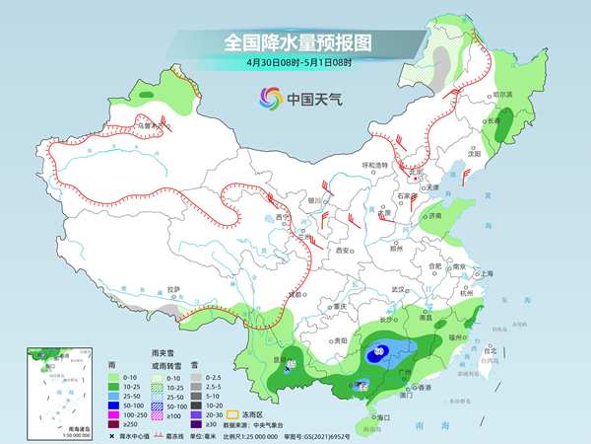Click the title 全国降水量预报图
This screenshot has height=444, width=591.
coord(296,42)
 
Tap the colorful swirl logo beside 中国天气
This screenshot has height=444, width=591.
coord(269,98)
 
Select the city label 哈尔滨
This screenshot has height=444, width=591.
coord(502,94)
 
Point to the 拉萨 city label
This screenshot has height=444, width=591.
coord(174,289)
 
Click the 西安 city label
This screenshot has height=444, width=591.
coord(342,251)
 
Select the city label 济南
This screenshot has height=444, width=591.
coord(435,214)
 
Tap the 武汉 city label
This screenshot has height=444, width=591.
coord(398,289)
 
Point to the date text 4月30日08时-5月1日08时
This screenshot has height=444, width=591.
coord(296,62)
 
